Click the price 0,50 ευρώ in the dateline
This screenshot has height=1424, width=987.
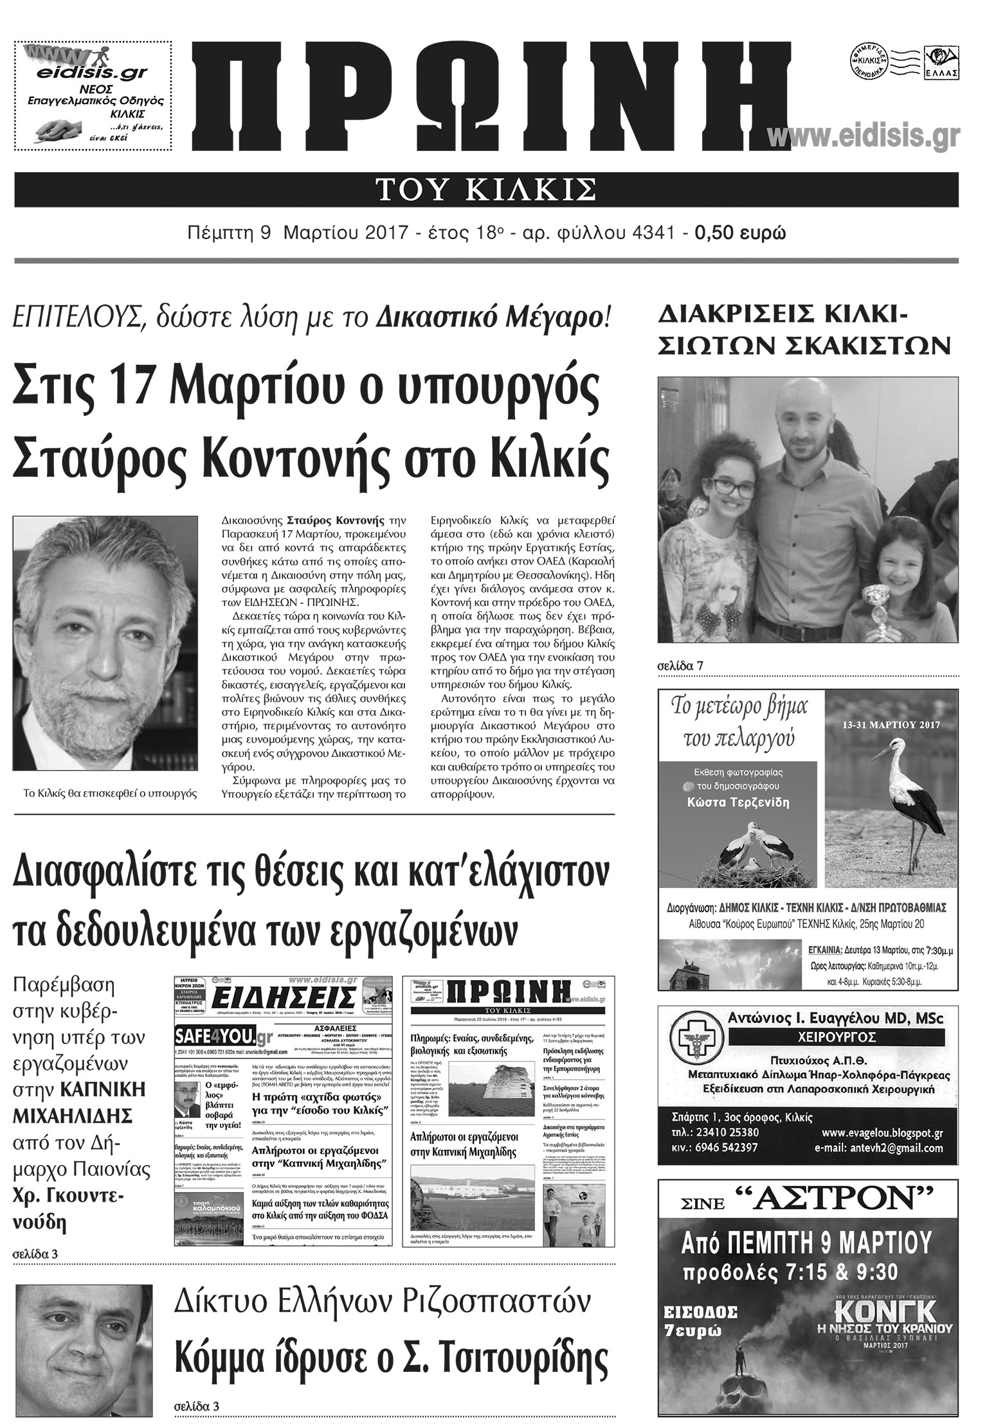(740, 232)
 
